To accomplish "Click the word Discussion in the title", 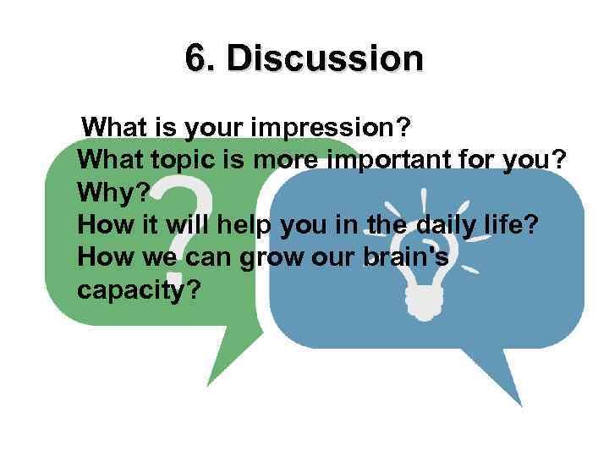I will tap(325, 59).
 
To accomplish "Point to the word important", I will tap(412, 161).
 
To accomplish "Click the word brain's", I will tap(409, 257).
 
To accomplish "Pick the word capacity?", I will tap(140, 289).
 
